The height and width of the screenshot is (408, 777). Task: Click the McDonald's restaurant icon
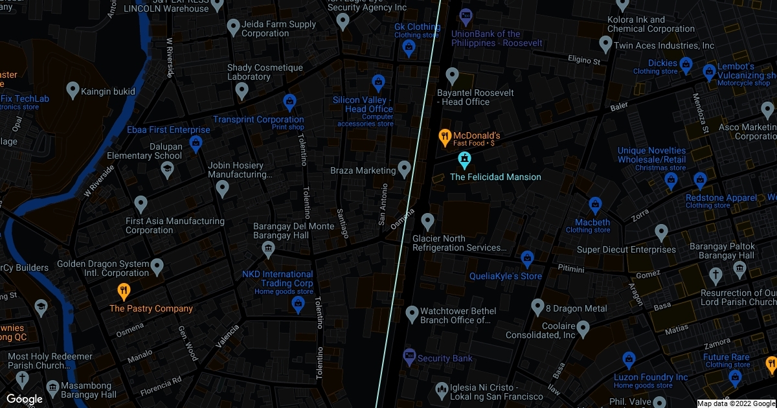pyautogui.click(x=444, y=136)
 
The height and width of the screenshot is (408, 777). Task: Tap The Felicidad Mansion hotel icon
pyautogui.click(x=464, y=159)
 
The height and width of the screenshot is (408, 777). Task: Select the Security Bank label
pyautogui.click(x=445, y=358)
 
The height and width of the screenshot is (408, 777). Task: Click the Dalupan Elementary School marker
pyautogui.click(x=167, y=170)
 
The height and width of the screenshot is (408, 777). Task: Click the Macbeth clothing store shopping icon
pyautogui.click(x=595, y=206)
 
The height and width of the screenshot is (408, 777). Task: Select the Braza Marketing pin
pyautogui.click(x=405, y=169)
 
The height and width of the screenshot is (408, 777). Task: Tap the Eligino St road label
pyautogui.click(x=584, y=61)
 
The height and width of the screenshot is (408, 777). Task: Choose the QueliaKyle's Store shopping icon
pyautogui.click(x=527, y=258)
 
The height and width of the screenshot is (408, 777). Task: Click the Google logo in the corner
pyautogui.click(x=25, y=399)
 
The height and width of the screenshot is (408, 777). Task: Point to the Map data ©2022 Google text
pyautogui.click(x=736, y=403)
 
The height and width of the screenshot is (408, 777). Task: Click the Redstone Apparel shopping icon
pyautogui.click(x=699, y=180)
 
